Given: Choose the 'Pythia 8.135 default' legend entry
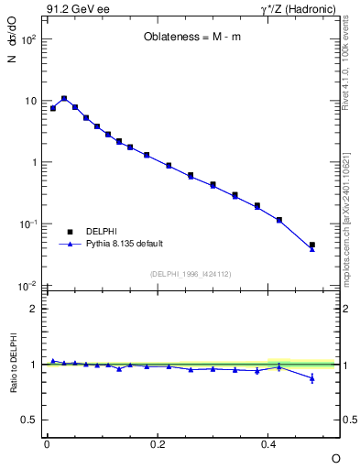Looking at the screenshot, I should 125,244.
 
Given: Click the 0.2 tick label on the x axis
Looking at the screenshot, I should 158,443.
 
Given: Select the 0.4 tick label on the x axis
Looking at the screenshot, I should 268,443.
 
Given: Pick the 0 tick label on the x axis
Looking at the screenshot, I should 47,443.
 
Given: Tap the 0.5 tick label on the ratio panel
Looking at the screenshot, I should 30,420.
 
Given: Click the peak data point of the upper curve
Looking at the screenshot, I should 64,98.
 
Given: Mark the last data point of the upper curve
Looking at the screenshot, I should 312,245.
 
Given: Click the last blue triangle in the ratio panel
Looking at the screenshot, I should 312,378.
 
